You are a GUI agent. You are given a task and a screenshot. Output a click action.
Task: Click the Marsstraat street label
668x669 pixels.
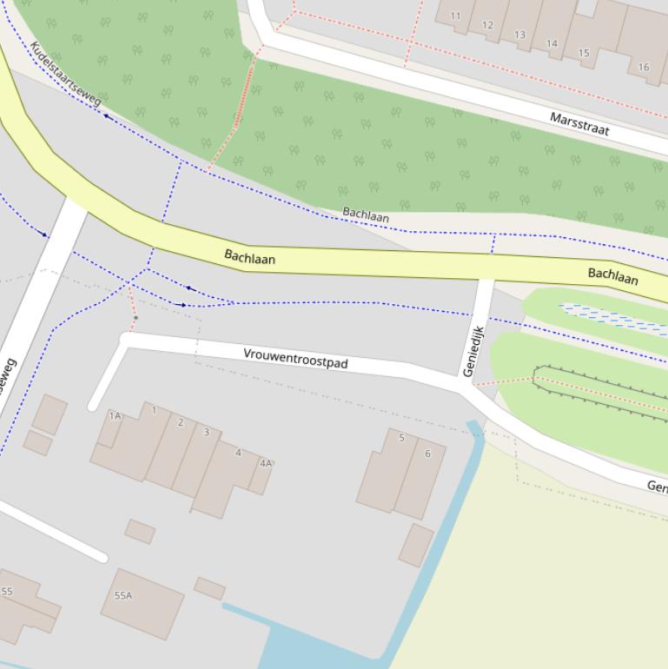(x=579, y=123)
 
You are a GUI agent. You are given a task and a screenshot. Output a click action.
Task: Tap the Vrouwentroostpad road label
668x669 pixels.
(x=295, y=358)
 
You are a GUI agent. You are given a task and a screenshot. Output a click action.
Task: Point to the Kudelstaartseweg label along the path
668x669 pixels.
(x=65, y=74)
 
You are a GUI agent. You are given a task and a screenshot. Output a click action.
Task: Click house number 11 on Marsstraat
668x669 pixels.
(x=455, y=16)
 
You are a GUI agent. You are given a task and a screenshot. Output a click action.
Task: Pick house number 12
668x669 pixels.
(x=487, y=25)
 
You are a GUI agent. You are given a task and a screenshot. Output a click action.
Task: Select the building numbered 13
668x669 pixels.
(x=519, y=35)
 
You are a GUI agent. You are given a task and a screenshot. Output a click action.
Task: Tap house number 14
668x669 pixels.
(x=552, y=43)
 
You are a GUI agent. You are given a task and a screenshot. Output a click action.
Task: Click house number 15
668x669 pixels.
(x=584, y=53)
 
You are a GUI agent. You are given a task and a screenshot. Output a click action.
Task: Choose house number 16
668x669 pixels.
(x=644, y=67)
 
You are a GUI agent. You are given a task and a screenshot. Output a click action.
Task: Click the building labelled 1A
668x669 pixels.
(x=115, y=416)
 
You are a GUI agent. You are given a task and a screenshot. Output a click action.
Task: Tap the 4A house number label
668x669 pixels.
(x=266, y=463)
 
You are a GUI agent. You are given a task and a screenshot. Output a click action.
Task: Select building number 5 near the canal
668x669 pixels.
(x=401, y=438)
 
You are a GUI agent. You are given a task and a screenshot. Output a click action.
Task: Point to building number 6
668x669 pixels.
(x=427, y=454)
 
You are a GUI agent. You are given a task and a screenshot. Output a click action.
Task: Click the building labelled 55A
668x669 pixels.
(x=123, y=595)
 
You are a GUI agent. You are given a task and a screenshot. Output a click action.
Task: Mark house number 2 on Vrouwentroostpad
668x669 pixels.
(x=181, y=423)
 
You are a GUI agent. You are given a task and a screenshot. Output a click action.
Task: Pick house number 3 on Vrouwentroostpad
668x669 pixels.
(x=206, y=432)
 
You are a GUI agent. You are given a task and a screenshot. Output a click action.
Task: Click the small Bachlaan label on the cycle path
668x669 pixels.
(x=366, y=214)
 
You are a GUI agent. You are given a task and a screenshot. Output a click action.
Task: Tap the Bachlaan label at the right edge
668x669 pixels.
(x=613, y=276)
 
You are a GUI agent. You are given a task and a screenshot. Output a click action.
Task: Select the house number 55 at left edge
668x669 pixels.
(x=7, y=592)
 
